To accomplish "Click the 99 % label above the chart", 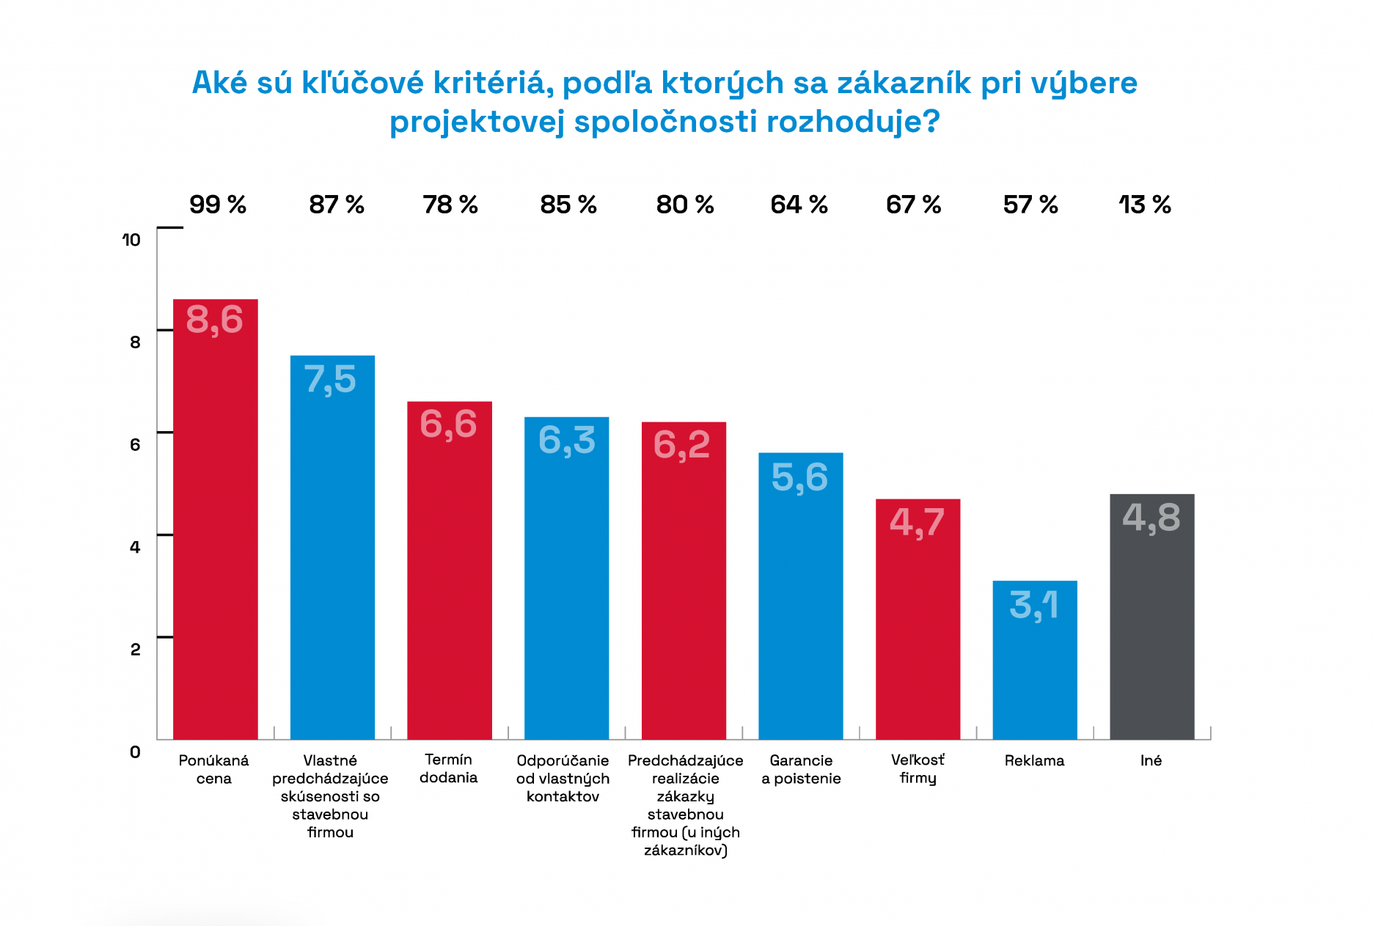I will click(218, 205).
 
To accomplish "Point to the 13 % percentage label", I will click(1145, 205).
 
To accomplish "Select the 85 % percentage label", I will click(568, 205).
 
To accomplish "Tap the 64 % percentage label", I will click(799, 205).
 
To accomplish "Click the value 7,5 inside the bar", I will click(330, 380).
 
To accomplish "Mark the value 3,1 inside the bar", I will click(1034, 606).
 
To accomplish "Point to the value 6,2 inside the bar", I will click(682, 445).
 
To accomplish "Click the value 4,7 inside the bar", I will click(917, 523).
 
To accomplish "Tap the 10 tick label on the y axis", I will click(131, 240).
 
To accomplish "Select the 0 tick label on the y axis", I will click(135, 752).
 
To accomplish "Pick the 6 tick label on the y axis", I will click(135, 444).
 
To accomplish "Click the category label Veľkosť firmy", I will click(918, 769).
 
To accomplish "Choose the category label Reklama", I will click(1034, 760).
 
